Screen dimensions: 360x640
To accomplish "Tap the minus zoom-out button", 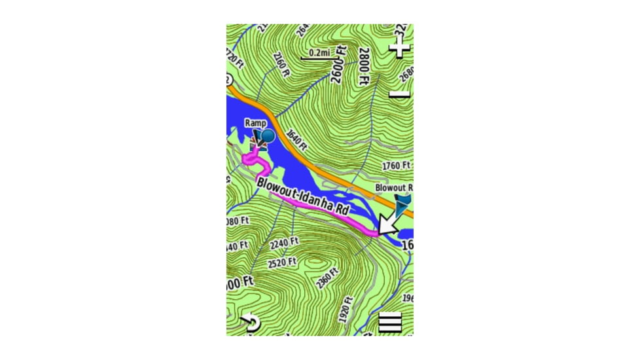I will pos(399,94).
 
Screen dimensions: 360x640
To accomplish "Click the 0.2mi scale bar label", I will pos(320,52).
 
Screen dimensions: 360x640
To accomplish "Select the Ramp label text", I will pos(255,122).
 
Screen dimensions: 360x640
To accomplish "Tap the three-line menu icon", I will pos(390,322).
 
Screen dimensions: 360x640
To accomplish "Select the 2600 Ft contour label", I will pos(339,63).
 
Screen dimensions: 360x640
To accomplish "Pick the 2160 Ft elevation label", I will pos(279,65).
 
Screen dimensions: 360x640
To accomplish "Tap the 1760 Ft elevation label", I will pos(397,165).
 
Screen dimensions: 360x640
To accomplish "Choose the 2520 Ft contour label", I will pos(282,263).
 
